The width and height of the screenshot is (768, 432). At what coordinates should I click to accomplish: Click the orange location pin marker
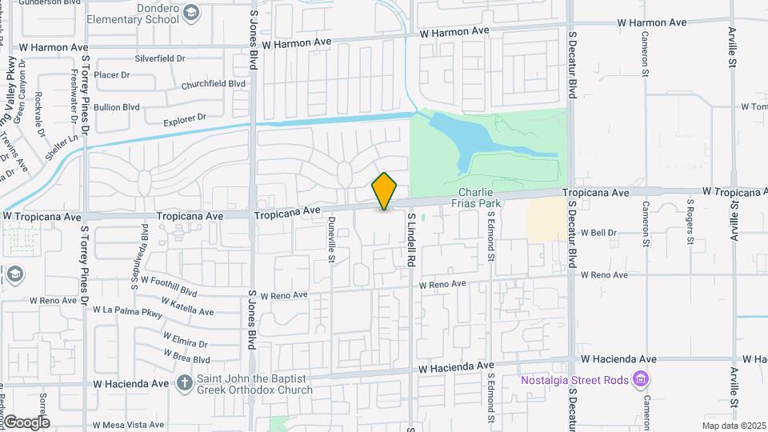click(x=385, y=191)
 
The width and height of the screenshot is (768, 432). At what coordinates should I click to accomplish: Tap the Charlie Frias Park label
click(x=480, y=198)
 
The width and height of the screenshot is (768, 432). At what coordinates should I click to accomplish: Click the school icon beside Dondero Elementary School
click(x=191, y=12)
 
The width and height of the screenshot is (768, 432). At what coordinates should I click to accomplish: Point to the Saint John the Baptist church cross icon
click(x=185, y=382)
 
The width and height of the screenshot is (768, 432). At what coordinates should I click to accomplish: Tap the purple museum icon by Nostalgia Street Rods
click(x=640, y=378)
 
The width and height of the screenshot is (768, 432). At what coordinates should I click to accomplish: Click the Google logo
click(x=26, y=422)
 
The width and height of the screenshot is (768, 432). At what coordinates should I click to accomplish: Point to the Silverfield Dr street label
click(x=160, y=58)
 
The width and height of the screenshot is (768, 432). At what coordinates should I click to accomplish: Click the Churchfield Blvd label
click(x=213, y=83)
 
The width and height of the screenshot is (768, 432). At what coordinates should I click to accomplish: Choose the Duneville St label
click(x=331, y=240)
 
